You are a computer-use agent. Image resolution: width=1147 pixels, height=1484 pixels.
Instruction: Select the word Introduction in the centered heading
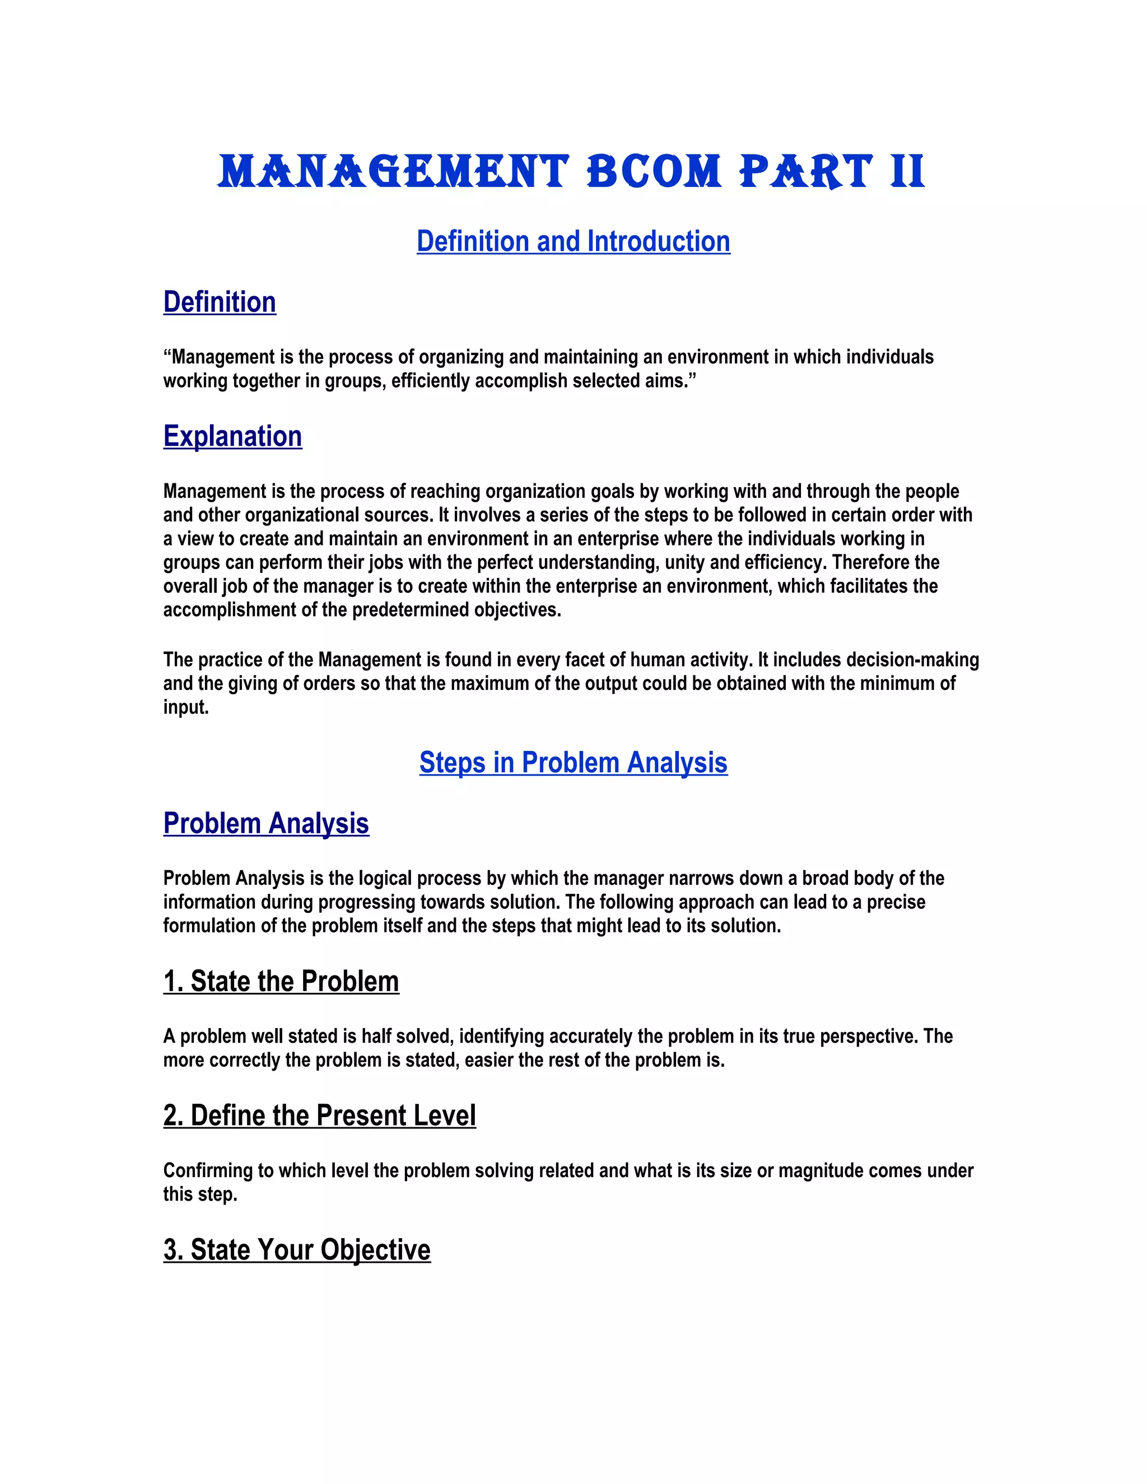click(x=659, y=242)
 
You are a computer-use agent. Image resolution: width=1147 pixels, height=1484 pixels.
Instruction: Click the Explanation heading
click(x=232, y=437)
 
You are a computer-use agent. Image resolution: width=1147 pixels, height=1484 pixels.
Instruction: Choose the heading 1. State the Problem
click(x=281, y=982)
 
